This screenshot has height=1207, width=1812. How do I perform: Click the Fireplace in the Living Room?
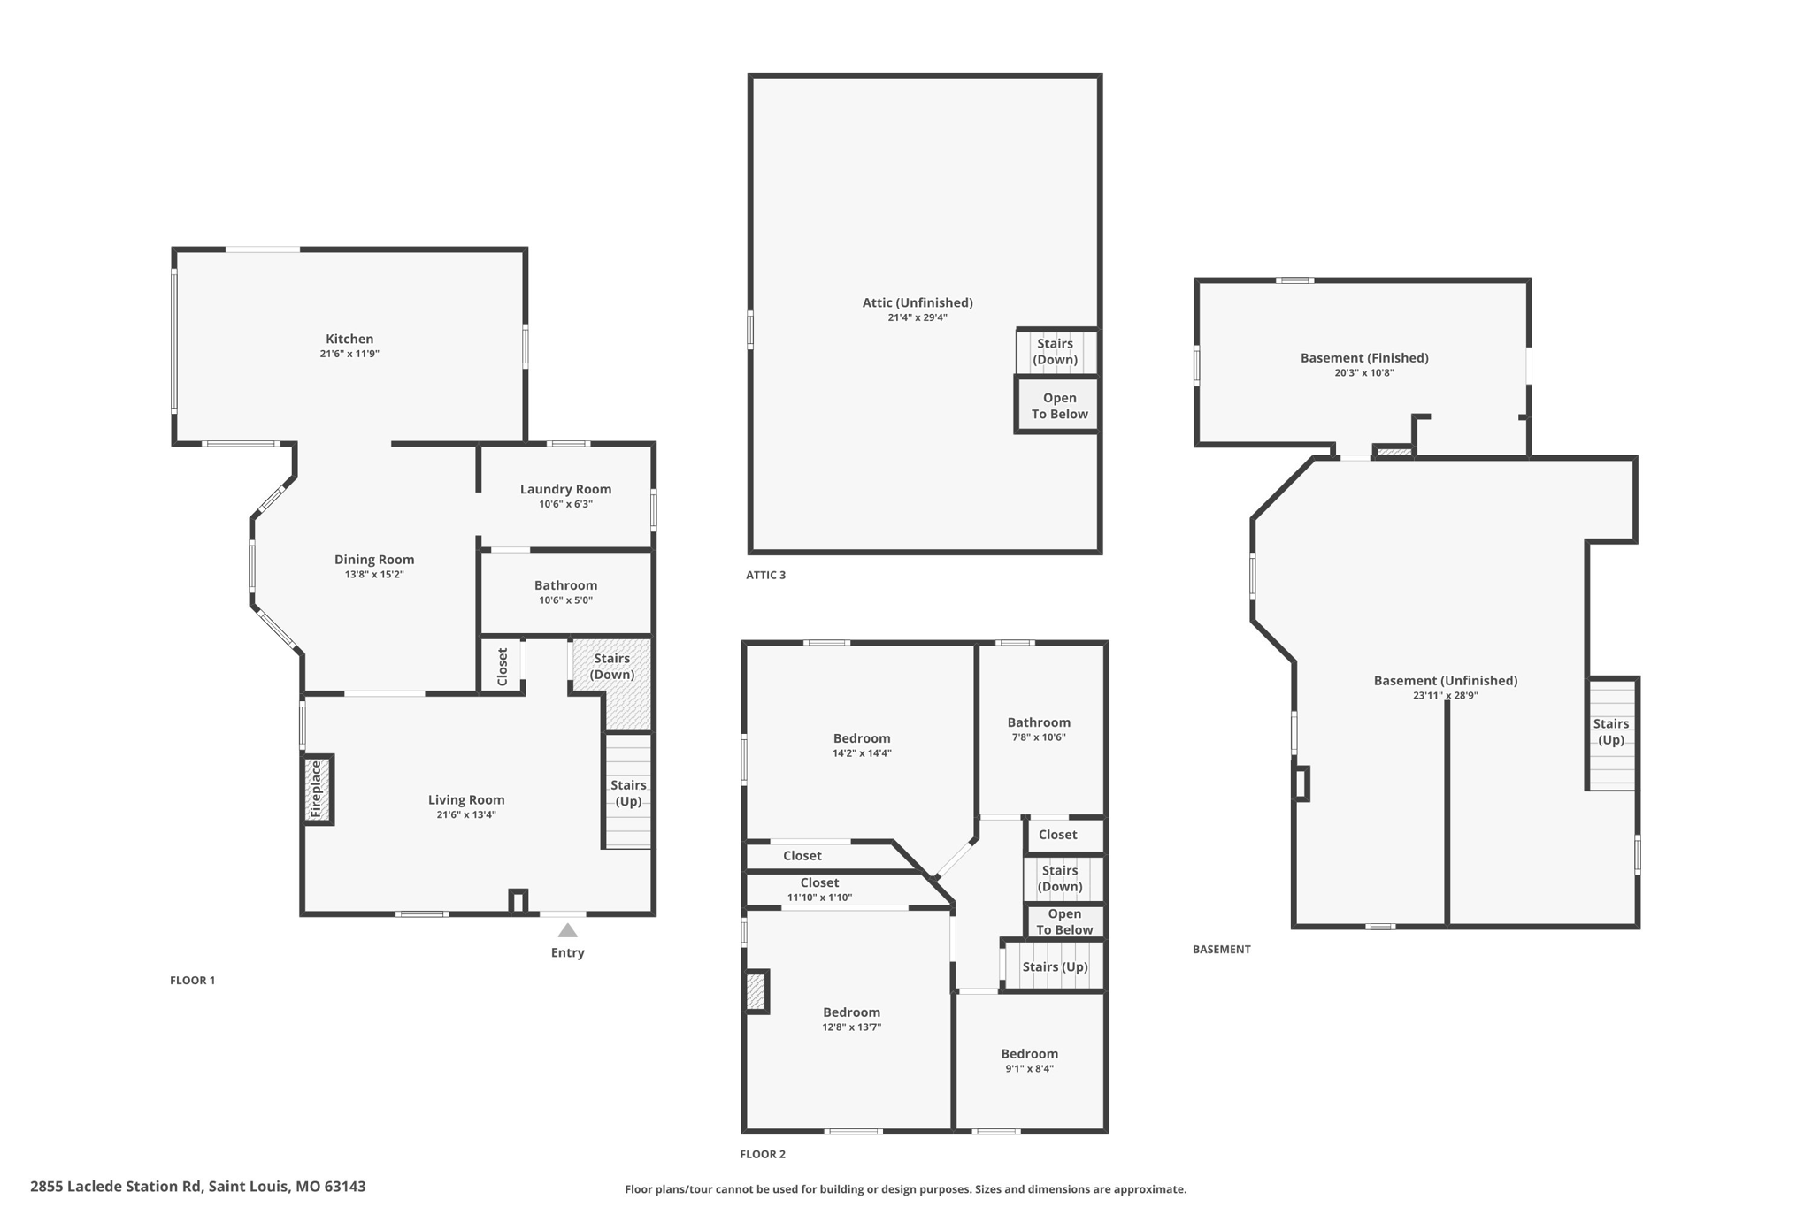click(318, 790)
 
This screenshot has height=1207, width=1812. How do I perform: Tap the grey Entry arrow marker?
click(567, 930)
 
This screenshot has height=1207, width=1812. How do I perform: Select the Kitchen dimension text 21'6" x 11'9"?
click(349, 354)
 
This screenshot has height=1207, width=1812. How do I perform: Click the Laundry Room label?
click(565, 489)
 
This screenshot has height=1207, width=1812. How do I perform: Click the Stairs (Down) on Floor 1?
click(611, 667)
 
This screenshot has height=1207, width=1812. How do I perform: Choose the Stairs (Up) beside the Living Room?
click(628, 792)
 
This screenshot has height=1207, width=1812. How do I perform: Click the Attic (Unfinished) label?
click(918, 302)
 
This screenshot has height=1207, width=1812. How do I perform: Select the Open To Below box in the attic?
click(1059, 406)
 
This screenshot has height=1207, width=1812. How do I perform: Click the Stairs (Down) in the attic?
click(1055, 351)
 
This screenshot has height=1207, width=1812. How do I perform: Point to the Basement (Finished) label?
click(1363, 358)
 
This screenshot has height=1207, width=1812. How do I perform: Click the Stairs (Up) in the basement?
click(1610, 732)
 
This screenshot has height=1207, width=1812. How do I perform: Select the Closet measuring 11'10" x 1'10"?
click(819, 890)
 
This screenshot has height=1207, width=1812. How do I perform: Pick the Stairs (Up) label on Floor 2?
click(1055, 966)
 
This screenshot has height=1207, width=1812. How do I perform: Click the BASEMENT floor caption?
click(1221, 949)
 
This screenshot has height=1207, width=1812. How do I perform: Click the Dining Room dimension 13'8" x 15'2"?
click(374, 575)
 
